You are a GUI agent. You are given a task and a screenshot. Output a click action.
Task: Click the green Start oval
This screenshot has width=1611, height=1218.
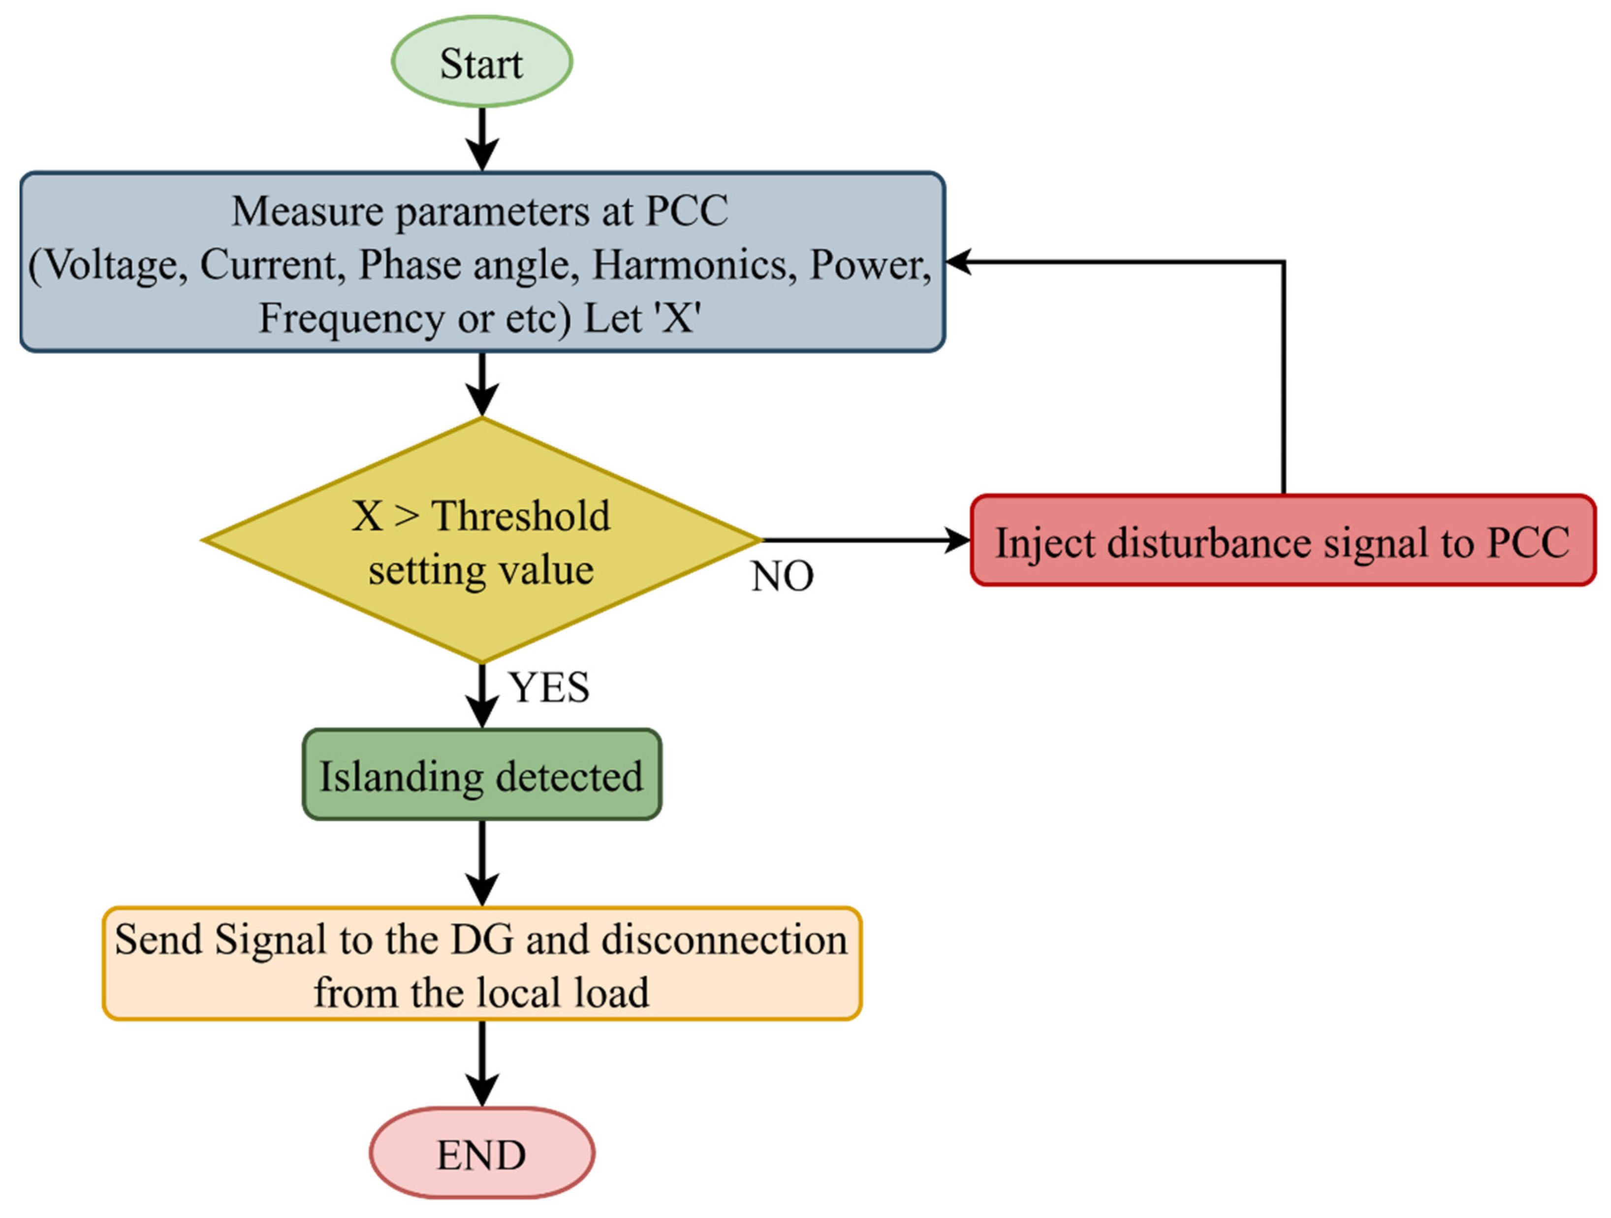coord(481,62)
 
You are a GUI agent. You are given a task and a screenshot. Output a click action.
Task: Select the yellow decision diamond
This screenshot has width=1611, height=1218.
coord(481,540)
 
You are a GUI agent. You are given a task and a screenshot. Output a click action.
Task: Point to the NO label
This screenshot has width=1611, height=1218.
coord(782,577)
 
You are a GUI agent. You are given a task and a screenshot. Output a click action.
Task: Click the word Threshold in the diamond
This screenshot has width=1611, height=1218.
coord(521,516)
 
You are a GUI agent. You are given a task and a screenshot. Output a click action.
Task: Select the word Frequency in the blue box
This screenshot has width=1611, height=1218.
coord(351,318)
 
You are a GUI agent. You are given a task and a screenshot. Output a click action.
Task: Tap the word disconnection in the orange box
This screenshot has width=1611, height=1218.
coord(725,940)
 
